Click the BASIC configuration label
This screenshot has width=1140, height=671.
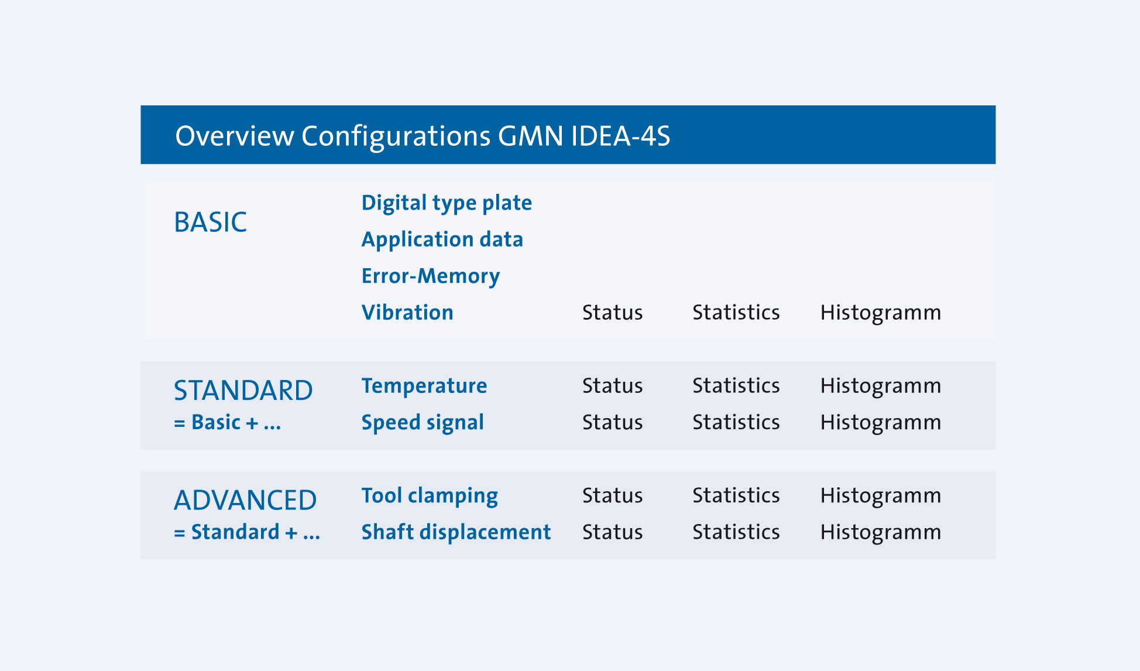click(210, 222)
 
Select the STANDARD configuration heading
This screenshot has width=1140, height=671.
click(243, 391)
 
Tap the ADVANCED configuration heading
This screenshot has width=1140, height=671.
click(245, 501)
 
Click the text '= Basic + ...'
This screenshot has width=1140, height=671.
click(228, 422)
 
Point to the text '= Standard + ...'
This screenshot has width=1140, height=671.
click(247, 532)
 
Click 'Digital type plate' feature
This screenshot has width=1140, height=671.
click(447, 203)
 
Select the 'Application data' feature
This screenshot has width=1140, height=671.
click(442, 239)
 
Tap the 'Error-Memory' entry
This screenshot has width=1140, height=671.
click(431, 276)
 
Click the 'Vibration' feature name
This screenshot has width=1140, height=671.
click(407, 313)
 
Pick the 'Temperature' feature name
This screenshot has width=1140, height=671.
click(424, 386)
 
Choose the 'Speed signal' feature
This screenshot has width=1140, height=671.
click(423, 422)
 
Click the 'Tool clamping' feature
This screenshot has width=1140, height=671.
click(430, 496)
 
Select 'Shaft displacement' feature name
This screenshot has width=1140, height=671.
click(456, 532)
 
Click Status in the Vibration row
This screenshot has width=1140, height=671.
click(612, 313)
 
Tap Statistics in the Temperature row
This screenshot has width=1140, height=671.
click(736, 386)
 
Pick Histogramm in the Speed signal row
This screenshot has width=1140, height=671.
click(880, 422)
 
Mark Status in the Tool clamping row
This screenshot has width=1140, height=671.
click(612, 496)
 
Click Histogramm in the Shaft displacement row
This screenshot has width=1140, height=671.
click(880, 532)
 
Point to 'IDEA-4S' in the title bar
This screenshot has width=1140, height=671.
click(620, 136)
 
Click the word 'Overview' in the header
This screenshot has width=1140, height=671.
click(234, 136)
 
